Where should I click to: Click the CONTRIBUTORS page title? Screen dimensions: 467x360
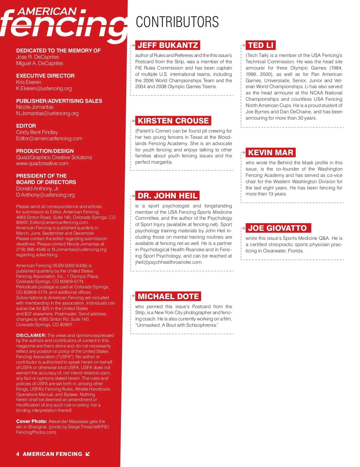(177, 22)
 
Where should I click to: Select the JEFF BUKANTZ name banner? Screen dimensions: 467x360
(168, 45)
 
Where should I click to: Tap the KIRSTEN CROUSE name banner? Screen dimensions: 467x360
(173, 121)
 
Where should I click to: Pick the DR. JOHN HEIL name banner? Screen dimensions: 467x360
(167, 196)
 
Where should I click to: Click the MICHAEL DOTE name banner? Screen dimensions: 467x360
(168, 296)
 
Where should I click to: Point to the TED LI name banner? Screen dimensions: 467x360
(261, 45)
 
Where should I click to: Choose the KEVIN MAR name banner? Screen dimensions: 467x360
(271, 153)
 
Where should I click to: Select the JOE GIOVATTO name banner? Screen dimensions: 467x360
(277, 228)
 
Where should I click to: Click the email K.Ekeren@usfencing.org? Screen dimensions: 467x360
(44, 88)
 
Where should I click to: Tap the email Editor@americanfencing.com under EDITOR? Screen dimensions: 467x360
(49, 138)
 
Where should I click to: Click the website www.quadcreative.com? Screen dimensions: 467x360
(42, 163)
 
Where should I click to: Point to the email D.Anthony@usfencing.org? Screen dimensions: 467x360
(45, 195)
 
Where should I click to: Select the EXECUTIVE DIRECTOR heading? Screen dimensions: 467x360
(45, 76)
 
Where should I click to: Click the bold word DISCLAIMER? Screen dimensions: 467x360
(31, 335)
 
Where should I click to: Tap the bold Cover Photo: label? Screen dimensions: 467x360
(31, 421)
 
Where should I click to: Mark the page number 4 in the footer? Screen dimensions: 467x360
(18, 454)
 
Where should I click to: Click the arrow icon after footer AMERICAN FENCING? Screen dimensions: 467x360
(88, 454)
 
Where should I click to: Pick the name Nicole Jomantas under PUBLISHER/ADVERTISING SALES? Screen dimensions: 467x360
(35, 107)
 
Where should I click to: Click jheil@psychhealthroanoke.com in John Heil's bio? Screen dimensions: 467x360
(168, 262)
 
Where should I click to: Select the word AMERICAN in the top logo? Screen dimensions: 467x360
(47, 11)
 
